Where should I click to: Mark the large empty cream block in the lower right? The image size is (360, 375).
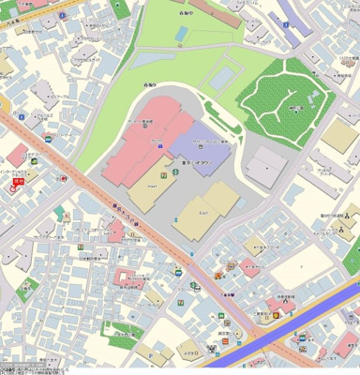[x=300, y=273]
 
